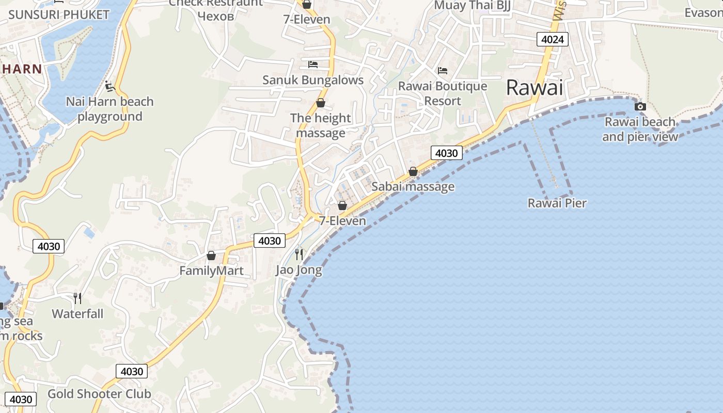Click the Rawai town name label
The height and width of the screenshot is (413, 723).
[534, 87]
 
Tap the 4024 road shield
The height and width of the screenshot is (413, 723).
[552, 39]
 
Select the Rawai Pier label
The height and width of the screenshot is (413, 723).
[557, 203]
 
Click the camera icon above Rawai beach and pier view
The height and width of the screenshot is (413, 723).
[640, 106]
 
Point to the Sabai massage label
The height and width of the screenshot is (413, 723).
[413, 186]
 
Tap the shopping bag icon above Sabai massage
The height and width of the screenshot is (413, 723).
[413, 171]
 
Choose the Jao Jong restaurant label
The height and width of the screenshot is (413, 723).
[298, 269]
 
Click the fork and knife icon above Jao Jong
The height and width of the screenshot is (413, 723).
[298, 254]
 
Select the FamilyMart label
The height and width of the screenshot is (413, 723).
[211, 271]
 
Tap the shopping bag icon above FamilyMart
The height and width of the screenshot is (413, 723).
[211, 256]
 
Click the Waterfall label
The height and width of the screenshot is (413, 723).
[77, 313]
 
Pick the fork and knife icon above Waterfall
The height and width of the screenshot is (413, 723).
[77, 298]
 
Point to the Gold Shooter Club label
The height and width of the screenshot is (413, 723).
[99, 394]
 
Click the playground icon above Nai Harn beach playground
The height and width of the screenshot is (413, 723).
[109, 86]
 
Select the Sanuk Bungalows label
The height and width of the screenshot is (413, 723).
[313, 80]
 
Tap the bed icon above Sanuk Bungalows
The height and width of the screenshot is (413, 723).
[313, 65]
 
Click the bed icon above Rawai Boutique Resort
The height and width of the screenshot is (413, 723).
[443, 70]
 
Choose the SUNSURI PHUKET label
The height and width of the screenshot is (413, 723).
[59, 14]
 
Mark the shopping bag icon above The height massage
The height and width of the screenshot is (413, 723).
[321, 103]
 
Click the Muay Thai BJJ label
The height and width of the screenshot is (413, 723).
[472, 6]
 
